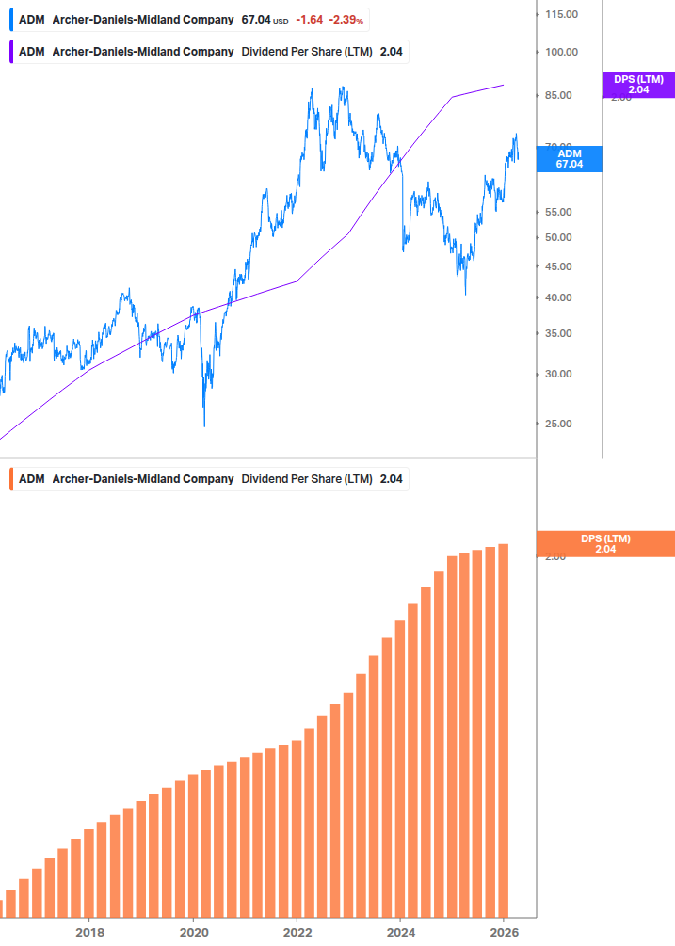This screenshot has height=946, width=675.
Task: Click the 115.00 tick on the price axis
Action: (560, 14)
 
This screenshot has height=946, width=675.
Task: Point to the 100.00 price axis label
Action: (560, 52)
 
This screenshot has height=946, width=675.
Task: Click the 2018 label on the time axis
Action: (89, 933)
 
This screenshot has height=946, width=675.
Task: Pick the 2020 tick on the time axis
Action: (193, 933)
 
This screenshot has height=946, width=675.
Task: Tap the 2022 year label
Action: (297, 933)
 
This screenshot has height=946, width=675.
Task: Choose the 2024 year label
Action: (400, 933)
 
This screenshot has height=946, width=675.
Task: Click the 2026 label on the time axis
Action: (505, 933)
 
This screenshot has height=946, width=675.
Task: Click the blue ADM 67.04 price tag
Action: (569, 158)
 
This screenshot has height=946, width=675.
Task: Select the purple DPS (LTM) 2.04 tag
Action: (638, 85)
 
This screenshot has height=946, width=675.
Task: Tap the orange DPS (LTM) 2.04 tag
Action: (605, 544)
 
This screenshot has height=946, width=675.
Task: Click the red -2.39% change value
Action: (346, 20)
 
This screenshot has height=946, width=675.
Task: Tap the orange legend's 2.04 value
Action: (391, 479)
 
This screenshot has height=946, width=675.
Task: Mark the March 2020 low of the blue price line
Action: (204, 425)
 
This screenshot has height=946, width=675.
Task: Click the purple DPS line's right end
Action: (504, 85)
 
